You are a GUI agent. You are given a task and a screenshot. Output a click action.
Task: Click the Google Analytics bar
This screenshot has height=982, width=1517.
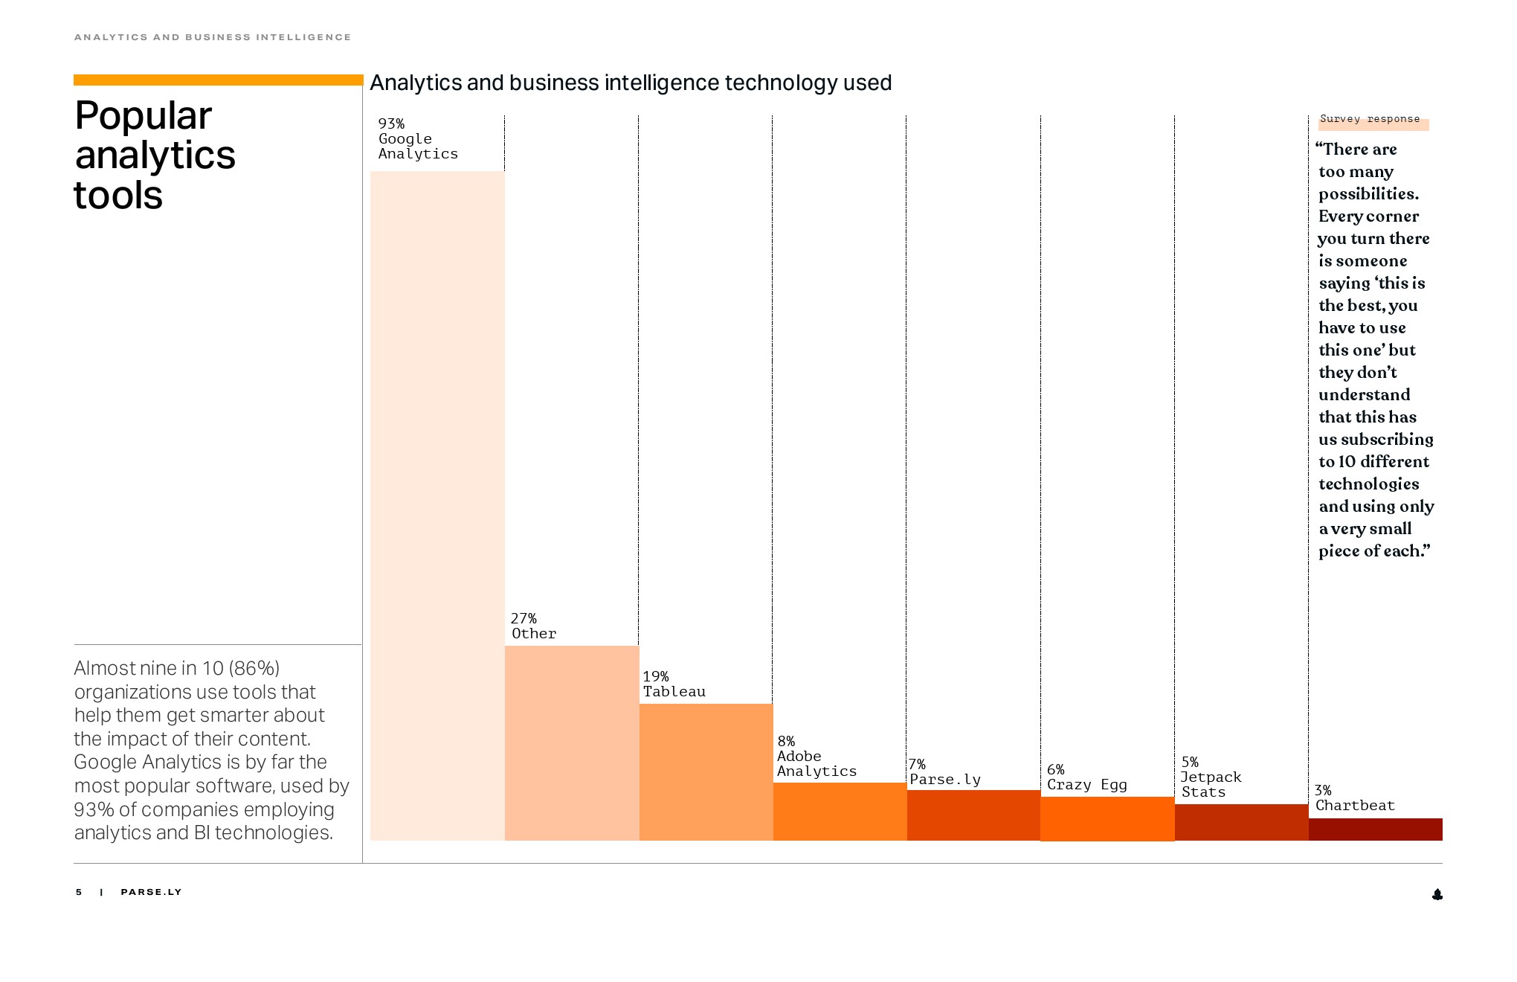tap(437, 506)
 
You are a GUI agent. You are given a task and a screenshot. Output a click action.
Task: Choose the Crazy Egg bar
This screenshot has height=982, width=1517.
tap(1107, 818)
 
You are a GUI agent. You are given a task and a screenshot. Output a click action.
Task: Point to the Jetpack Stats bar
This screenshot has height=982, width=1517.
tap(1241, 822)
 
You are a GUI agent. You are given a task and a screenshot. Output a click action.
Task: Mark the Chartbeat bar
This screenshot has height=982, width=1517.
tap(1375, 829)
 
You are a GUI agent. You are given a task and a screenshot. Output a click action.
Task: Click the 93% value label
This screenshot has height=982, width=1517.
tap(391, 123)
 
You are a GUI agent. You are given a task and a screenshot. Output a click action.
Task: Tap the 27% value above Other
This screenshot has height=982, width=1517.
tap(524, 618)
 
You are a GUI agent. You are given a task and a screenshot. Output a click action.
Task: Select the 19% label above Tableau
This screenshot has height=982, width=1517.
tap(656, 676)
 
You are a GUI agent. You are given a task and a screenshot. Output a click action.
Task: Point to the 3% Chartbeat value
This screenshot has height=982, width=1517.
tap(1323, 790)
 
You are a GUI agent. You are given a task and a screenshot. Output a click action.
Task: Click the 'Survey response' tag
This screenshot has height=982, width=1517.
tap(1370, 120)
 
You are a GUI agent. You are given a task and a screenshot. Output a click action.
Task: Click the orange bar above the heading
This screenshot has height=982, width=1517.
tap(218, 80)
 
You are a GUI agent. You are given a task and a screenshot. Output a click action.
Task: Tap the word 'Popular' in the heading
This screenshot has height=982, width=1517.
tap(144, 116)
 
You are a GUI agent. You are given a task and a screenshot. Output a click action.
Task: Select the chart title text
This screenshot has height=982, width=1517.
tap(631, 83)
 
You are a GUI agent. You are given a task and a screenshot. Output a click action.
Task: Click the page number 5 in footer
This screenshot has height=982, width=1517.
tap(79, 892)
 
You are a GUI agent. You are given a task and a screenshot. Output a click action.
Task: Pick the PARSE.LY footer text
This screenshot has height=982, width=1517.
tap(151, 892)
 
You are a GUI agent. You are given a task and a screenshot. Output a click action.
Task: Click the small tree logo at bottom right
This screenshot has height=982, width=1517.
tap(1437, 894)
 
